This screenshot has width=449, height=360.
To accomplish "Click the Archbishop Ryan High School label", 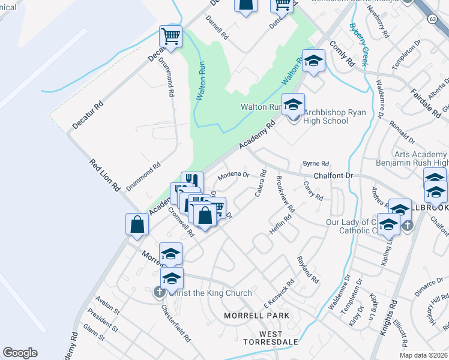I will [x=326, y=116].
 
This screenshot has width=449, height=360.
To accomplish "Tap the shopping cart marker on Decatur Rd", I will [x=171, y=37].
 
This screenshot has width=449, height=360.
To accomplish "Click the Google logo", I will [x=20, y=353].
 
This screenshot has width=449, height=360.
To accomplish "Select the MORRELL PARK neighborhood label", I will [x=256, y=315].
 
